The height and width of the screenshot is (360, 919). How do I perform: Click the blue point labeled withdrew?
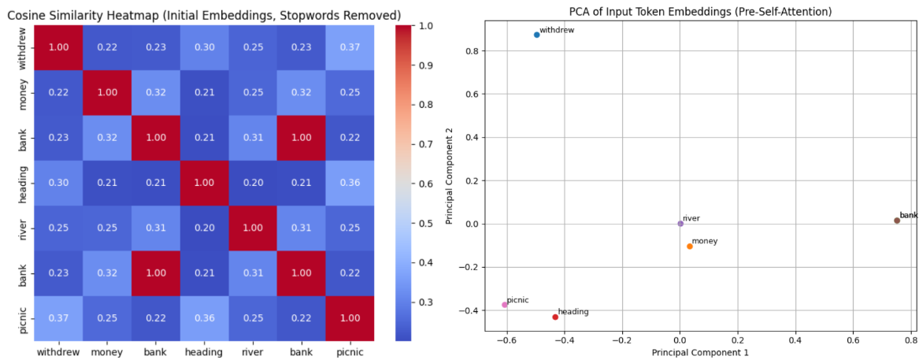coord(537,35)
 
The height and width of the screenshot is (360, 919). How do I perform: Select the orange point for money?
coord(690,247)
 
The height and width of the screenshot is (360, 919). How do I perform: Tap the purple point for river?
coord(680,224)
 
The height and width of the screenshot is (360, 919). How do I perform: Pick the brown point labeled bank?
coord(897,221)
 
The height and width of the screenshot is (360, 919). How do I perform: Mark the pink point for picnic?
coord(505,305)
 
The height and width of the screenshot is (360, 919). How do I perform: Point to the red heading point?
coord(555,317)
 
